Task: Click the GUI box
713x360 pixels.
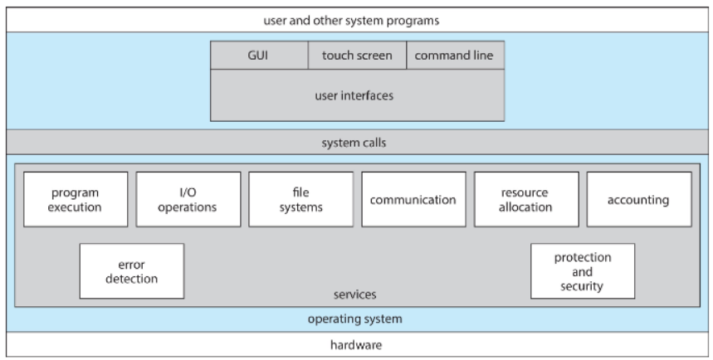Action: (x=259, y=56)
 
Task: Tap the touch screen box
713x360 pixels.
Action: (x=358, y=56)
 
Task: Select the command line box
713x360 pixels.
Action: (x=455, y=56)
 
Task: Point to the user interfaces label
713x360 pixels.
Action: (x=354, y=95)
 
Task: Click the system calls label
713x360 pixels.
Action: (x=354, y=143)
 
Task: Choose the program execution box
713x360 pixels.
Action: (x=76, y=199)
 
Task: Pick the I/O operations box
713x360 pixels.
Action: (x=188, y=199)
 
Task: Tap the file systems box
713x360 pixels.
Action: (x=301, y=199)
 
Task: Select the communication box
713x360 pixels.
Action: (x=414, y=199)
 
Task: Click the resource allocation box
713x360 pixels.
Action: (x=526, y=199)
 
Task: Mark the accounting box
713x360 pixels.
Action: (x=639, y=199)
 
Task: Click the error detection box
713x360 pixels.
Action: (x=132, y=271)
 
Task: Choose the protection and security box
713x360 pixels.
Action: (x=583, y=271)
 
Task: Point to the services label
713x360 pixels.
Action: (x=354, y=294)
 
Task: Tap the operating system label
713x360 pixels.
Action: (x=354, y=319)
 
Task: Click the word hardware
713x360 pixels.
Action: (x=356, y=345)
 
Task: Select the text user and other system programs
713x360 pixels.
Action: (x=351, y=21)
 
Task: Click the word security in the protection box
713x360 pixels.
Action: (x=582, y=286)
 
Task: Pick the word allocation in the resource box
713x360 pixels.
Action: (x=525, y=207)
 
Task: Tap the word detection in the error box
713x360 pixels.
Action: (x=132, y=279)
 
